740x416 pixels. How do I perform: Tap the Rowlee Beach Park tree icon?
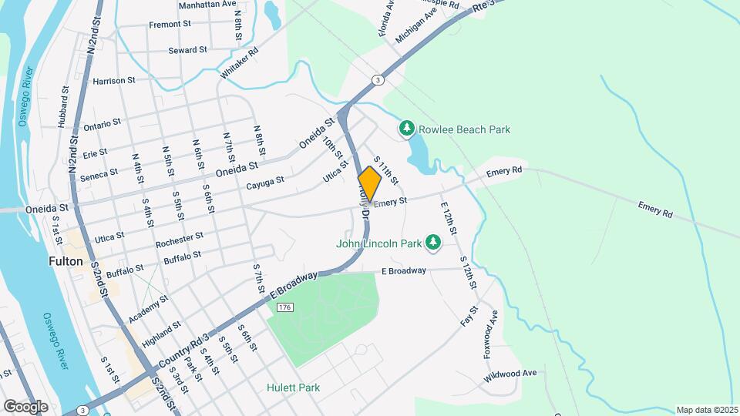(x=406, y=129)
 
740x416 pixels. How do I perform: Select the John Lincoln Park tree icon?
(x=433, y=243)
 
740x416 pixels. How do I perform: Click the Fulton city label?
(x=66, y=261)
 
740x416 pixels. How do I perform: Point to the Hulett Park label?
(x=294, y=387)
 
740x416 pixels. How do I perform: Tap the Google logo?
(x=25, y=406)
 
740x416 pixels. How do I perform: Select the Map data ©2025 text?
(x=706, y=410)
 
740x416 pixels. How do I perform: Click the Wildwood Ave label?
(x=510, y=374)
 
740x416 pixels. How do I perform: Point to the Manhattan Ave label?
(x=207, y=4)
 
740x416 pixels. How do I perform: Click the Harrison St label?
(x=114, y=80)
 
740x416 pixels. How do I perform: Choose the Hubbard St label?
(x=61, y=111)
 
